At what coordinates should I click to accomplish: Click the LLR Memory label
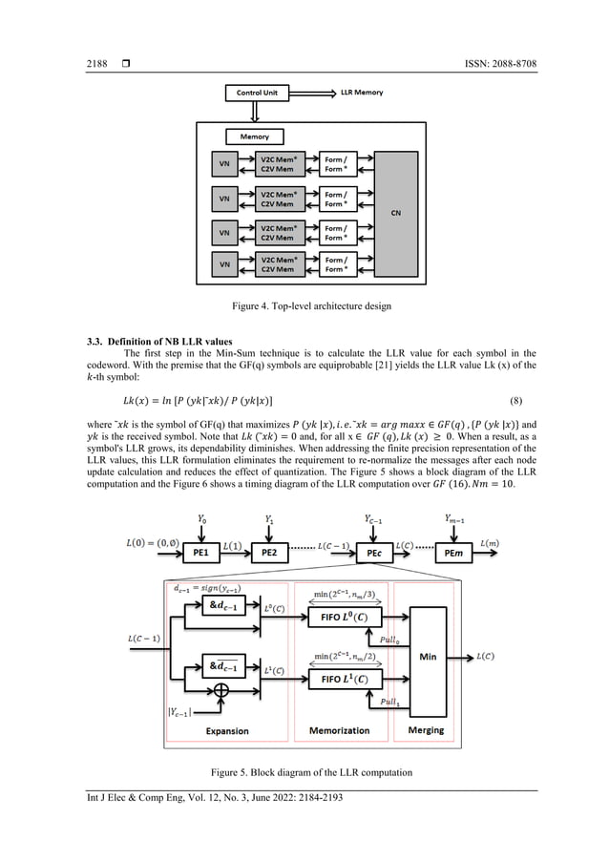pyautogui.click(x=364, y=94)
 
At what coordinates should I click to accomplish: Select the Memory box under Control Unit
pyautogui.click(x=253, y=136)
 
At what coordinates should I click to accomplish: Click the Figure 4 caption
pyautogui.click(x=304, y=305)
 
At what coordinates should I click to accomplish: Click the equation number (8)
pyautogui.click(x=513, y=398)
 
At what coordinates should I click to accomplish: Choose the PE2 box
pyautogui.click(x=268, y=552)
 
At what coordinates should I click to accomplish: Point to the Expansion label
pyautogui.click(x=226, y=731)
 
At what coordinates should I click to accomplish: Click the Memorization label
pyautogui.click(x=340, y=731)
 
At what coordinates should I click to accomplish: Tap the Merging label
pyautogui.click(x=426, y=731)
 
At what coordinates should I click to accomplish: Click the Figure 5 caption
pyautogui.click(x=304, y=771)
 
